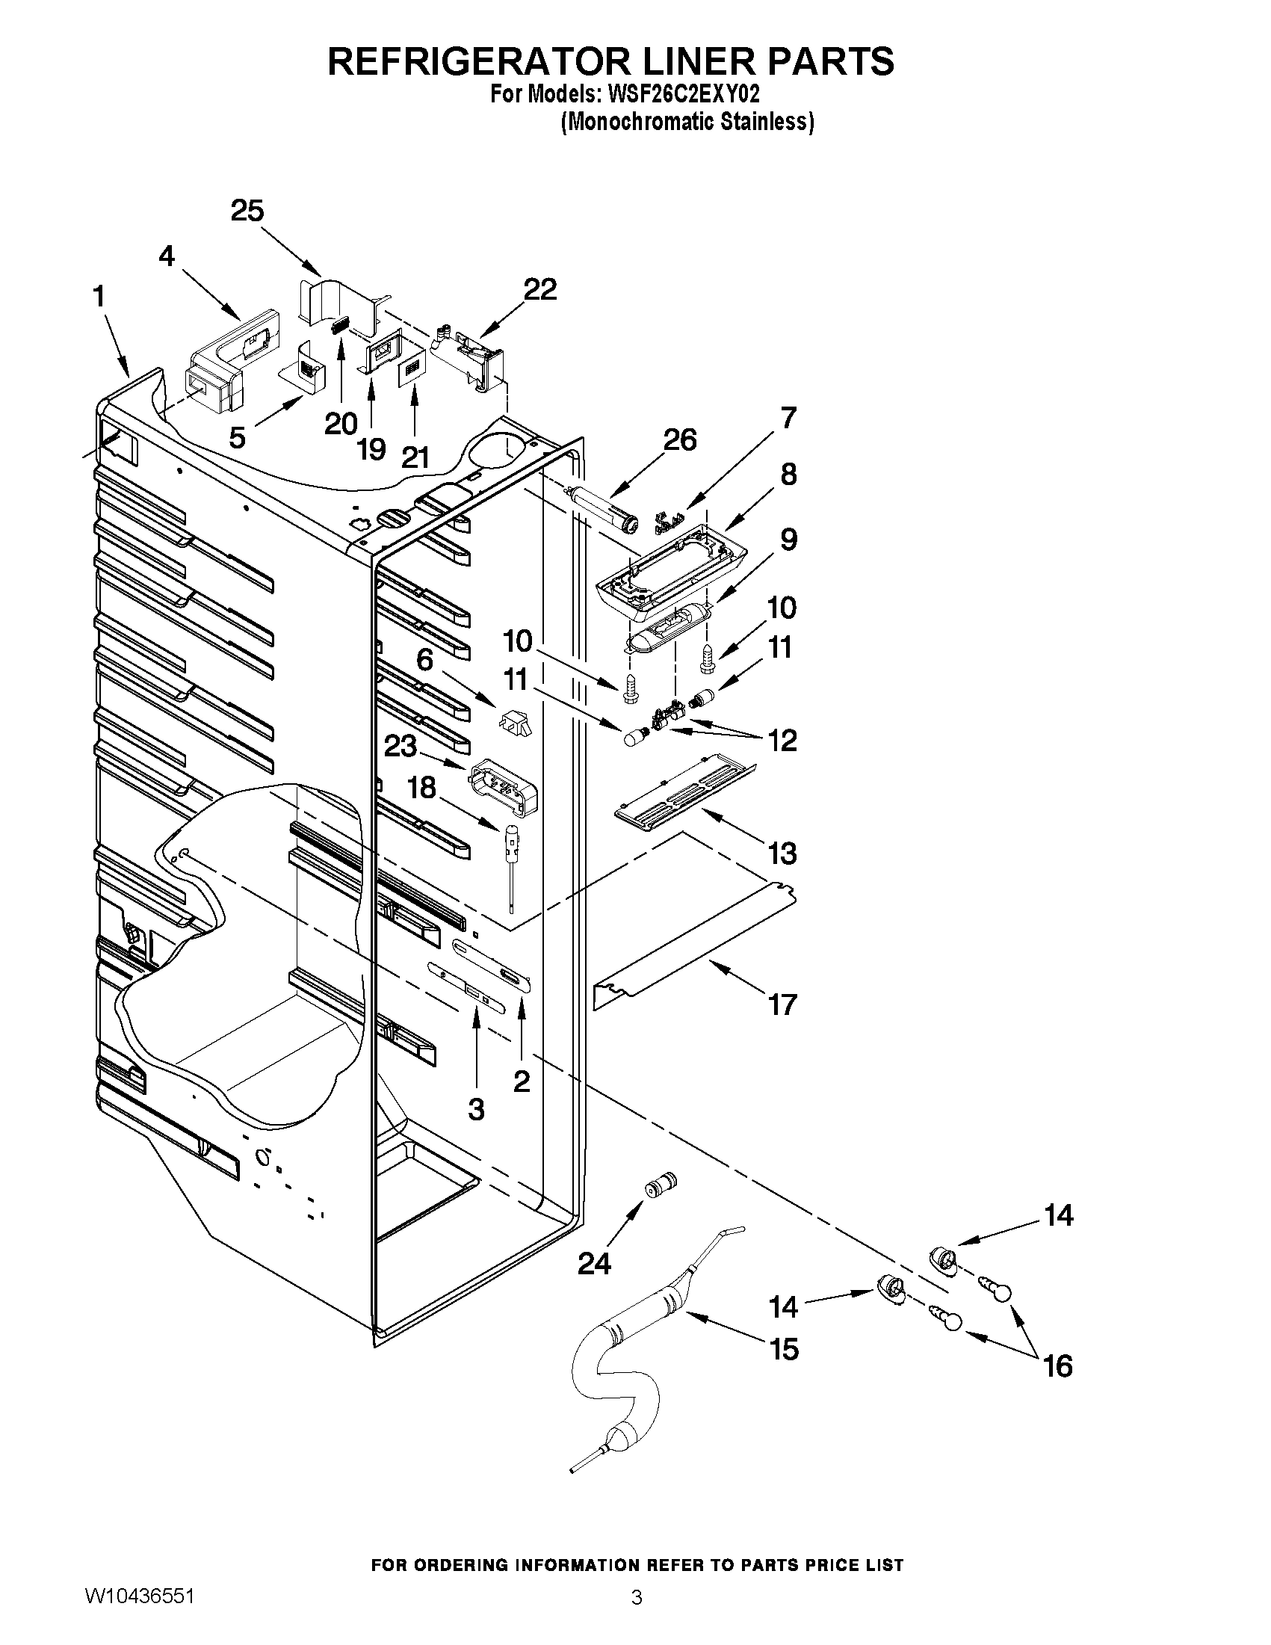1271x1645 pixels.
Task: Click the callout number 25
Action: point(247,211)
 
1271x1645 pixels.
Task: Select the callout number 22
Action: point(540,289)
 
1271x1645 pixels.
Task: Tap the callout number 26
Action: point(679,440)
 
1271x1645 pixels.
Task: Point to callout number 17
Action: point(782,1004)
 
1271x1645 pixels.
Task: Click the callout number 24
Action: point(594,1264)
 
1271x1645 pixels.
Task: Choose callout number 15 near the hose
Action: point(784,1349)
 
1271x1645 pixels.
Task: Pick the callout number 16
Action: point(1058,1365)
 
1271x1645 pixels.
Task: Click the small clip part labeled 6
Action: point(515,724)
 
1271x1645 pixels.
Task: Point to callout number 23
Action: point(400,747)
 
